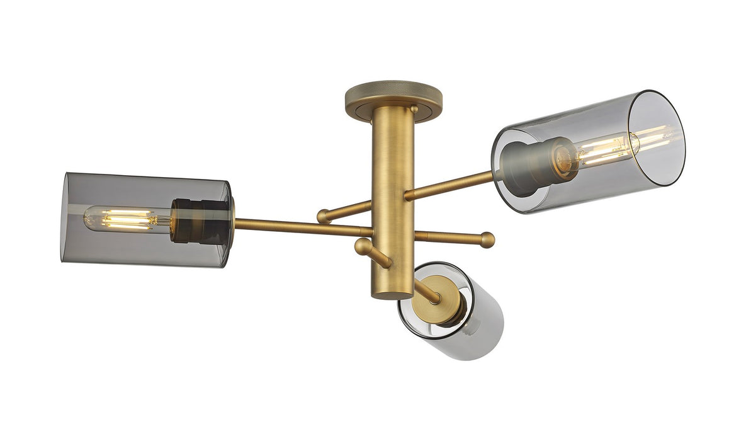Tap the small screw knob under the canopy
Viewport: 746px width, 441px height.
point(414,110)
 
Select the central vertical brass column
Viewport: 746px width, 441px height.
point(392,189)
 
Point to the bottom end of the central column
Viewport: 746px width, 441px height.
point(392,293)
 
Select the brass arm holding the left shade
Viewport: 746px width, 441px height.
point(296,227)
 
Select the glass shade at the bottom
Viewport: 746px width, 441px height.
point(463,321)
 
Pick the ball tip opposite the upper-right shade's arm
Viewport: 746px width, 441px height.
point(324,217)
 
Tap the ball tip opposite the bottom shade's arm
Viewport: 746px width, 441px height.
point(363,246)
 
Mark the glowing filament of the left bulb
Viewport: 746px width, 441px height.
point(129,219)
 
